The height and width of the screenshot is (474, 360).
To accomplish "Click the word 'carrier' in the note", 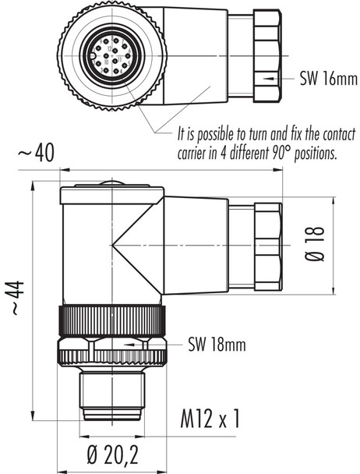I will [x=196, y=154].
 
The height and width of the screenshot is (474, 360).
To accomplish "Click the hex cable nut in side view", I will [x=265, y=244].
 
